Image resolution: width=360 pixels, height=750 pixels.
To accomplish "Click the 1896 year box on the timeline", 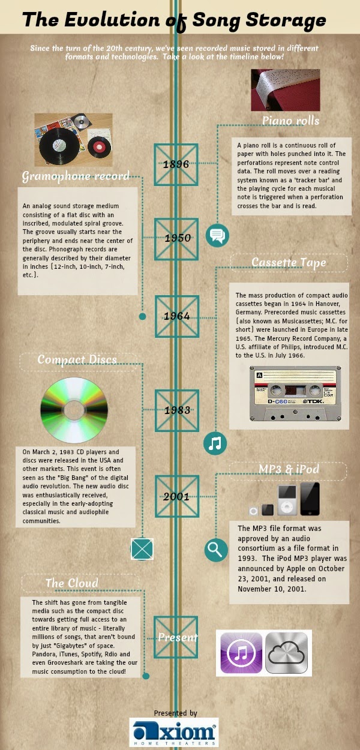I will tap(176, 164).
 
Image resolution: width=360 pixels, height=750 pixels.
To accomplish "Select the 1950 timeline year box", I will tap(176, 238).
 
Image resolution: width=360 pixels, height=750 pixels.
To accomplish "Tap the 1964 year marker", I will tap(176, 316).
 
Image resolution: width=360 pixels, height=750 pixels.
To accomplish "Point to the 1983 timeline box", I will tap(176, 410).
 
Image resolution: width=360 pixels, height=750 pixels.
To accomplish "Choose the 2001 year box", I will tap(176, 497).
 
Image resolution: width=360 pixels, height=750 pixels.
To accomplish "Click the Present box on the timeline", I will tap(176, 637).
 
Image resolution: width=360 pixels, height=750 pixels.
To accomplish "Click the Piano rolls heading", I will tap(290, 121).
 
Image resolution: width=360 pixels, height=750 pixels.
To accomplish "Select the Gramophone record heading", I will tap(76, 176).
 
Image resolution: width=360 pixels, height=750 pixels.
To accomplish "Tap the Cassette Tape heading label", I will tap(289, 263).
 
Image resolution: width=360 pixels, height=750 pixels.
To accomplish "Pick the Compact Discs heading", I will tap(77, 359).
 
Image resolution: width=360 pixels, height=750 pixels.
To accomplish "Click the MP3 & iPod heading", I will tap(289, 470).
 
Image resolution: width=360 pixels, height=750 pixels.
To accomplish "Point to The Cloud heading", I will tap(72, 583).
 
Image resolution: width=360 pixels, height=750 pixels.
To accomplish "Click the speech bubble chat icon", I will tap(217, 235).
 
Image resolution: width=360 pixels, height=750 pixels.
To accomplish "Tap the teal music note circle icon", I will tap(216, 443).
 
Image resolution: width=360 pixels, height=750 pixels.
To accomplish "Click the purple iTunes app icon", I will tap(241, 653).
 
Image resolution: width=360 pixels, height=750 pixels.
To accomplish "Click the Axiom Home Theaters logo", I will tap(174, 733).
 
